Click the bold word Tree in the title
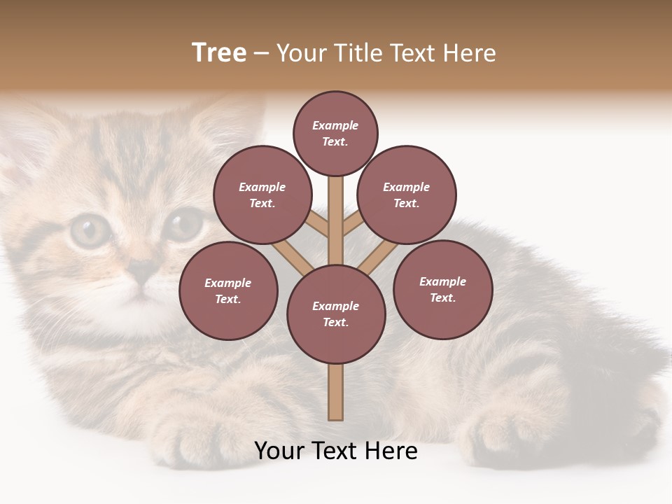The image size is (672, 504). click(219, 53)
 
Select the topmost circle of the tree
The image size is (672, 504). click(335, 133)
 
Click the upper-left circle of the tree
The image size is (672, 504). click(262, 195)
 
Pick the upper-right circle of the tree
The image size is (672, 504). click(407, 195)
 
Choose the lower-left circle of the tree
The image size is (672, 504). click(228, 290)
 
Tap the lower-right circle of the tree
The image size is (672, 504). click(442, 289)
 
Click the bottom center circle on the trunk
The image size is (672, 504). click(336, 314)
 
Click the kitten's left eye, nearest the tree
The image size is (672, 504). click(183, 225)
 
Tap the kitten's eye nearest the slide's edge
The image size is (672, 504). click(90, 230)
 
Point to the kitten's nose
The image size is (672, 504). click(143, 268)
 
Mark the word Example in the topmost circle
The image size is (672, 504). click(335, 125)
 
